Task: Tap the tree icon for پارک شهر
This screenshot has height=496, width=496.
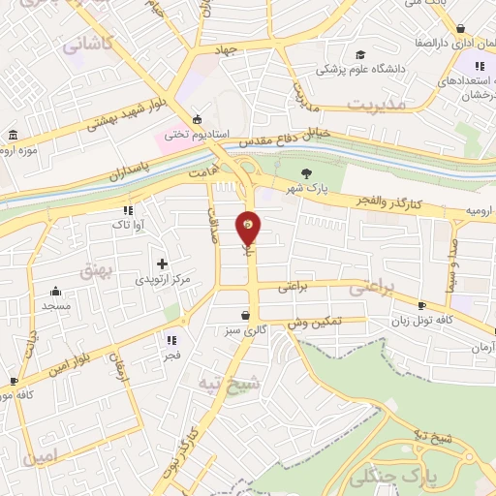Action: click(307, 174)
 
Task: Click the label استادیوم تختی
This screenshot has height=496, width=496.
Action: click(189, 135)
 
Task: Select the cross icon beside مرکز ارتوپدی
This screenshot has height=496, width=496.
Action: click(162, 263)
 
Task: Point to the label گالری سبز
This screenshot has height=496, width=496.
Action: click(246, 330)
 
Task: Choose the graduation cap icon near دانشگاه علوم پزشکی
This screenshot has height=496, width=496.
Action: click(360, 55)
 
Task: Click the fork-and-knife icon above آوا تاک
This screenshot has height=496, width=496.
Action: click(127, 209)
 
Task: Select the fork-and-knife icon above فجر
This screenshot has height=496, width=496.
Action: click(171, 340)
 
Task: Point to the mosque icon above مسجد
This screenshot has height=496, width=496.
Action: click(55, 291)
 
